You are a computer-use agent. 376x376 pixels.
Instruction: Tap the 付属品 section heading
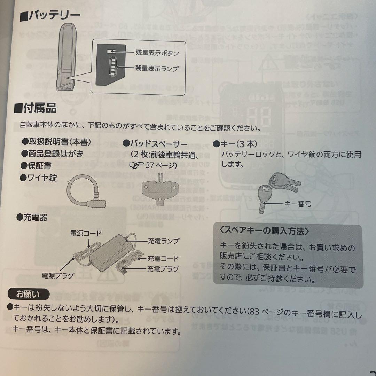click(x=35, y=108)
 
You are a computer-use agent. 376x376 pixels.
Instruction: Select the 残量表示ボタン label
click(x=157, y=53)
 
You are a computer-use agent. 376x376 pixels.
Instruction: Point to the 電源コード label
click(x=86, y=233)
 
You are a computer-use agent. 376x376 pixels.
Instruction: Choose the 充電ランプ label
click(x=163, y=241)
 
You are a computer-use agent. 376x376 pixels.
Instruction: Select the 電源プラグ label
click(x=58, y=276)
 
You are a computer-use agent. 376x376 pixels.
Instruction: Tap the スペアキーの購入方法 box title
click(x=265, y=231)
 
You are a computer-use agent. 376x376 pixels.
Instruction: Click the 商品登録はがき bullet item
click(x=52, y=154)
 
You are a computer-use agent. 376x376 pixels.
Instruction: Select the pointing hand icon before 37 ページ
click(x=136, y=165)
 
